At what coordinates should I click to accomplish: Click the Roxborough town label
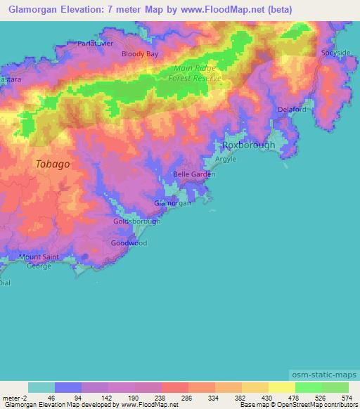tap(248, 145)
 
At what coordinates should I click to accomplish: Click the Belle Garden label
tap(193, 174)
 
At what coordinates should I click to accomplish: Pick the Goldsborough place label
tap(137, 221)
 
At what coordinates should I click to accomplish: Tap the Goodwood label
tap(129, 243)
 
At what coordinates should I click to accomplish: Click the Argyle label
tap(226, 160)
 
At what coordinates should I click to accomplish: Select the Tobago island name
tap(53, 164)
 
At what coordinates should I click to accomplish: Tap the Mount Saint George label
tap(39, 262)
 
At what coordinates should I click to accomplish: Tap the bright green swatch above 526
tap(309, 387)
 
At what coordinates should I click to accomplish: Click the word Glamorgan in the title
tap(30, 10)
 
